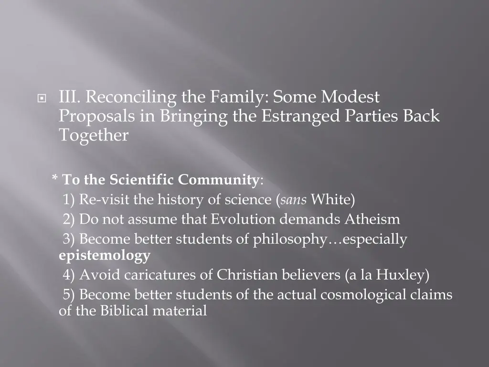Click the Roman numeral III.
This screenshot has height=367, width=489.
click(70, 97)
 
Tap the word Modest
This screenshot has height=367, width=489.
click(350, 97)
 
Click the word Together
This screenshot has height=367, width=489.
click(94, 136)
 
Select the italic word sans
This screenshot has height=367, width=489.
click(293, 199)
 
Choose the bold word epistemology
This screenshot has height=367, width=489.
click(105, 256)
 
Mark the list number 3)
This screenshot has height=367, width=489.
click(70, 239)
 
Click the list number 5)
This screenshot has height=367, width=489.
click(70, 295)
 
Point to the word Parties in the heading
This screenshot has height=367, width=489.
click(375, 117)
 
